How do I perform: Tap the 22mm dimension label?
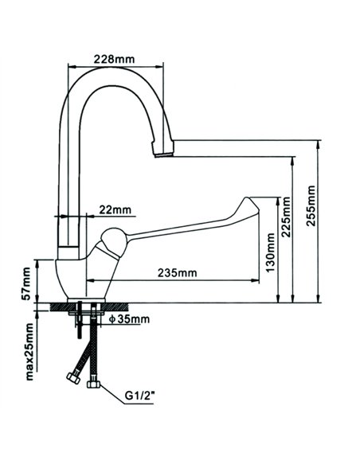[115, 209]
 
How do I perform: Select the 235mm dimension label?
[176, 272]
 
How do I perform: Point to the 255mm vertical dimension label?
[311, 206]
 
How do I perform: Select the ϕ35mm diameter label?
[128, 319]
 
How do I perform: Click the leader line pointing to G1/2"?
[113, 391]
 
